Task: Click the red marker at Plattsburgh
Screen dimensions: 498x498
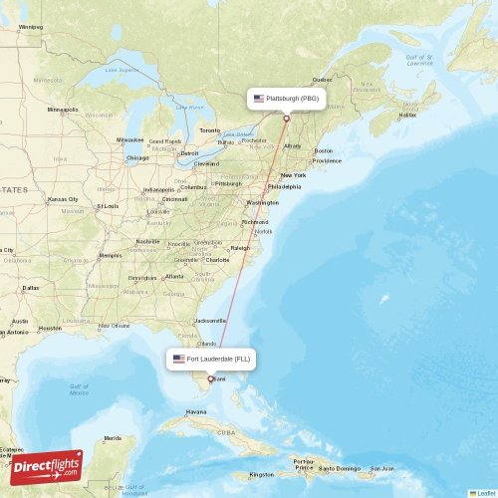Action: (x=287, y=119)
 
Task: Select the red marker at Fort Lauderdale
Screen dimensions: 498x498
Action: (x=209, y=378)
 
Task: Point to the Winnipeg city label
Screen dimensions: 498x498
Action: (x=31, y=27)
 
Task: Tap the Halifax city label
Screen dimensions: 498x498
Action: (x=407, y=115)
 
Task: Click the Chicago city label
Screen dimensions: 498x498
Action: (x=137, y=157)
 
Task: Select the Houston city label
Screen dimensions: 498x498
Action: (x=50, y=328)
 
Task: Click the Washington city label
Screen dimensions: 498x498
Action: (x=263, y=202)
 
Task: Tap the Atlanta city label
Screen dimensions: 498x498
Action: (x=174, y=276)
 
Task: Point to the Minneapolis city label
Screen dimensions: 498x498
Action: (x=62, y=109)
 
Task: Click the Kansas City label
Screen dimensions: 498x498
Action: (x=63, y=199)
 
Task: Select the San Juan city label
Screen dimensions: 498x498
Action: (x=382, y=468)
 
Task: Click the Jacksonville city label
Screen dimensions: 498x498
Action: (x=210, y=321)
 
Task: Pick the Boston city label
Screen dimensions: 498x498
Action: (x=324, y=150)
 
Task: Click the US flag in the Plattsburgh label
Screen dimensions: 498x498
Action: (x=259, y=99)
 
